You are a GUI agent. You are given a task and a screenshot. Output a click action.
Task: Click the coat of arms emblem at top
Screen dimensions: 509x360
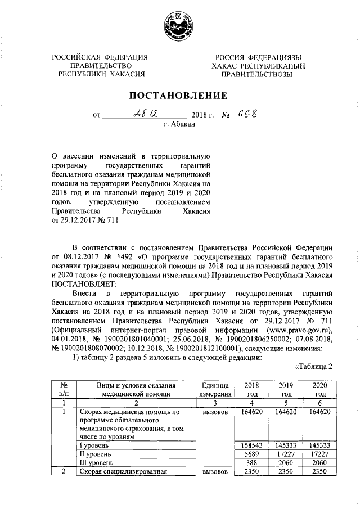point(179,26)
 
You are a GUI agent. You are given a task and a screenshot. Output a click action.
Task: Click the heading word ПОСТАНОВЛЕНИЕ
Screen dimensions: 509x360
point(179,95)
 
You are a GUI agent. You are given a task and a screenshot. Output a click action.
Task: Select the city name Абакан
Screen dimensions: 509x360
point(179,124)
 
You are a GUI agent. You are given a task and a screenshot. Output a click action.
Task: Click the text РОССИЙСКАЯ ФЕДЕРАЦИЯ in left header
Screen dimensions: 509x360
point(100,57)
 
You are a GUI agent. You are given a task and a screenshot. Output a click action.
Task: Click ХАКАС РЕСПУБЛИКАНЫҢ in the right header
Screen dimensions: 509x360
point(258,65)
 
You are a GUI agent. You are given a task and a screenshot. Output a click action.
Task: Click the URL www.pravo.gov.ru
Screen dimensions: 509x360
point(301,329)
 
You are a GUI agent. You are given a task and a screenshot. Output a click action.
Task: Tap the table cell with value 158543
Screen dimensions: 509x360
point(249,445)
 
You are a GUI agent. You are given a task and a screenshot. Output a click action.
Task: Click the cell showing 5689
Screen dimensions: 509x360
point(249,453)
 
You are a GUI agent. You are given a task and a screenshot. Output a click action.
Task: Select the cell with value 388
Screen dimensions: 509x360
point(249,462)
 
